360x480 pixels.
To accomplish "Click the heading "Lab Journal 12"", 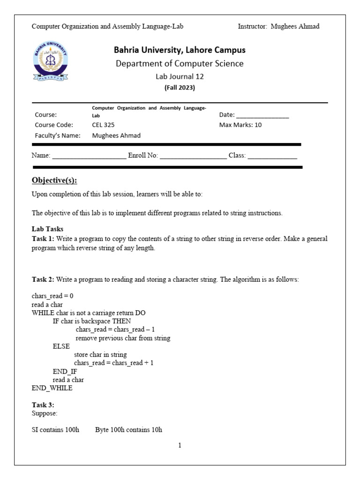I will [180, 77].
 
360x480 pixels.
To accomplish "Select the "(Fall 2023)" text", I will [180, 88].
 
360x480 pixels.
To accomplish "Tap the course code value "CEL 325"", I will [103, 125].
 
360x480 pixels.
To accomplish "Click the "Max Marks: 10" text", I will [240, 125].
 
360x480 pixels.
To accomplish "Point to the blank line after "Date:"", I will [262, 115].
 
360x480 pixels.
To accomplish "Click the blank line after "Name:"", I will [89, 156].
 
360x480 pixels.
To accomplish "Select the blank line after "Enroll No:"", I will [193, 156].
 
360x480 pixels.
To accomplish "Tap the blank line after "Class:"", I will [272, 156].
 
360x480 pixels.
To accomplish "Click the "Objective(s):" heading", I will [54, 181].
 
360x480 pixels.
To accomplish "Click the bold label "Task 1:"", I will [43, 239].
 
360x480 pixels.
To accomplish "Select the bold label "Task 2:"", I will [43, 279].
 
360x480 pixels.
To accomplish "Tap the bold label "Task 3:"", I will [43, 405].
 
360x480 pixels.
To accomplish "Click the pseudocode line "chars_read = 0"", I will [52, 296].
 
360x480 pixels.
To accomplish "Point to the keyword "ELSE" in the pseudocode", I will [61, 346].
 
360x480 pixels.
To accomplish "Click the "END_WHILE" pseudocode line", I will [52, 388].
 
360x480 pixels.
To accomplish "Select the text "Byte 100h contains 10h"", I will [128, 430].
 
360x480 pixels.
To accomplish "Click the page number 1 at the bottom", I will [180, 446].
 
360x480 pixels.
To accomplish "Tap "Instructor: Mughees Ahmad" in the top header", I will [278, 26].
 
